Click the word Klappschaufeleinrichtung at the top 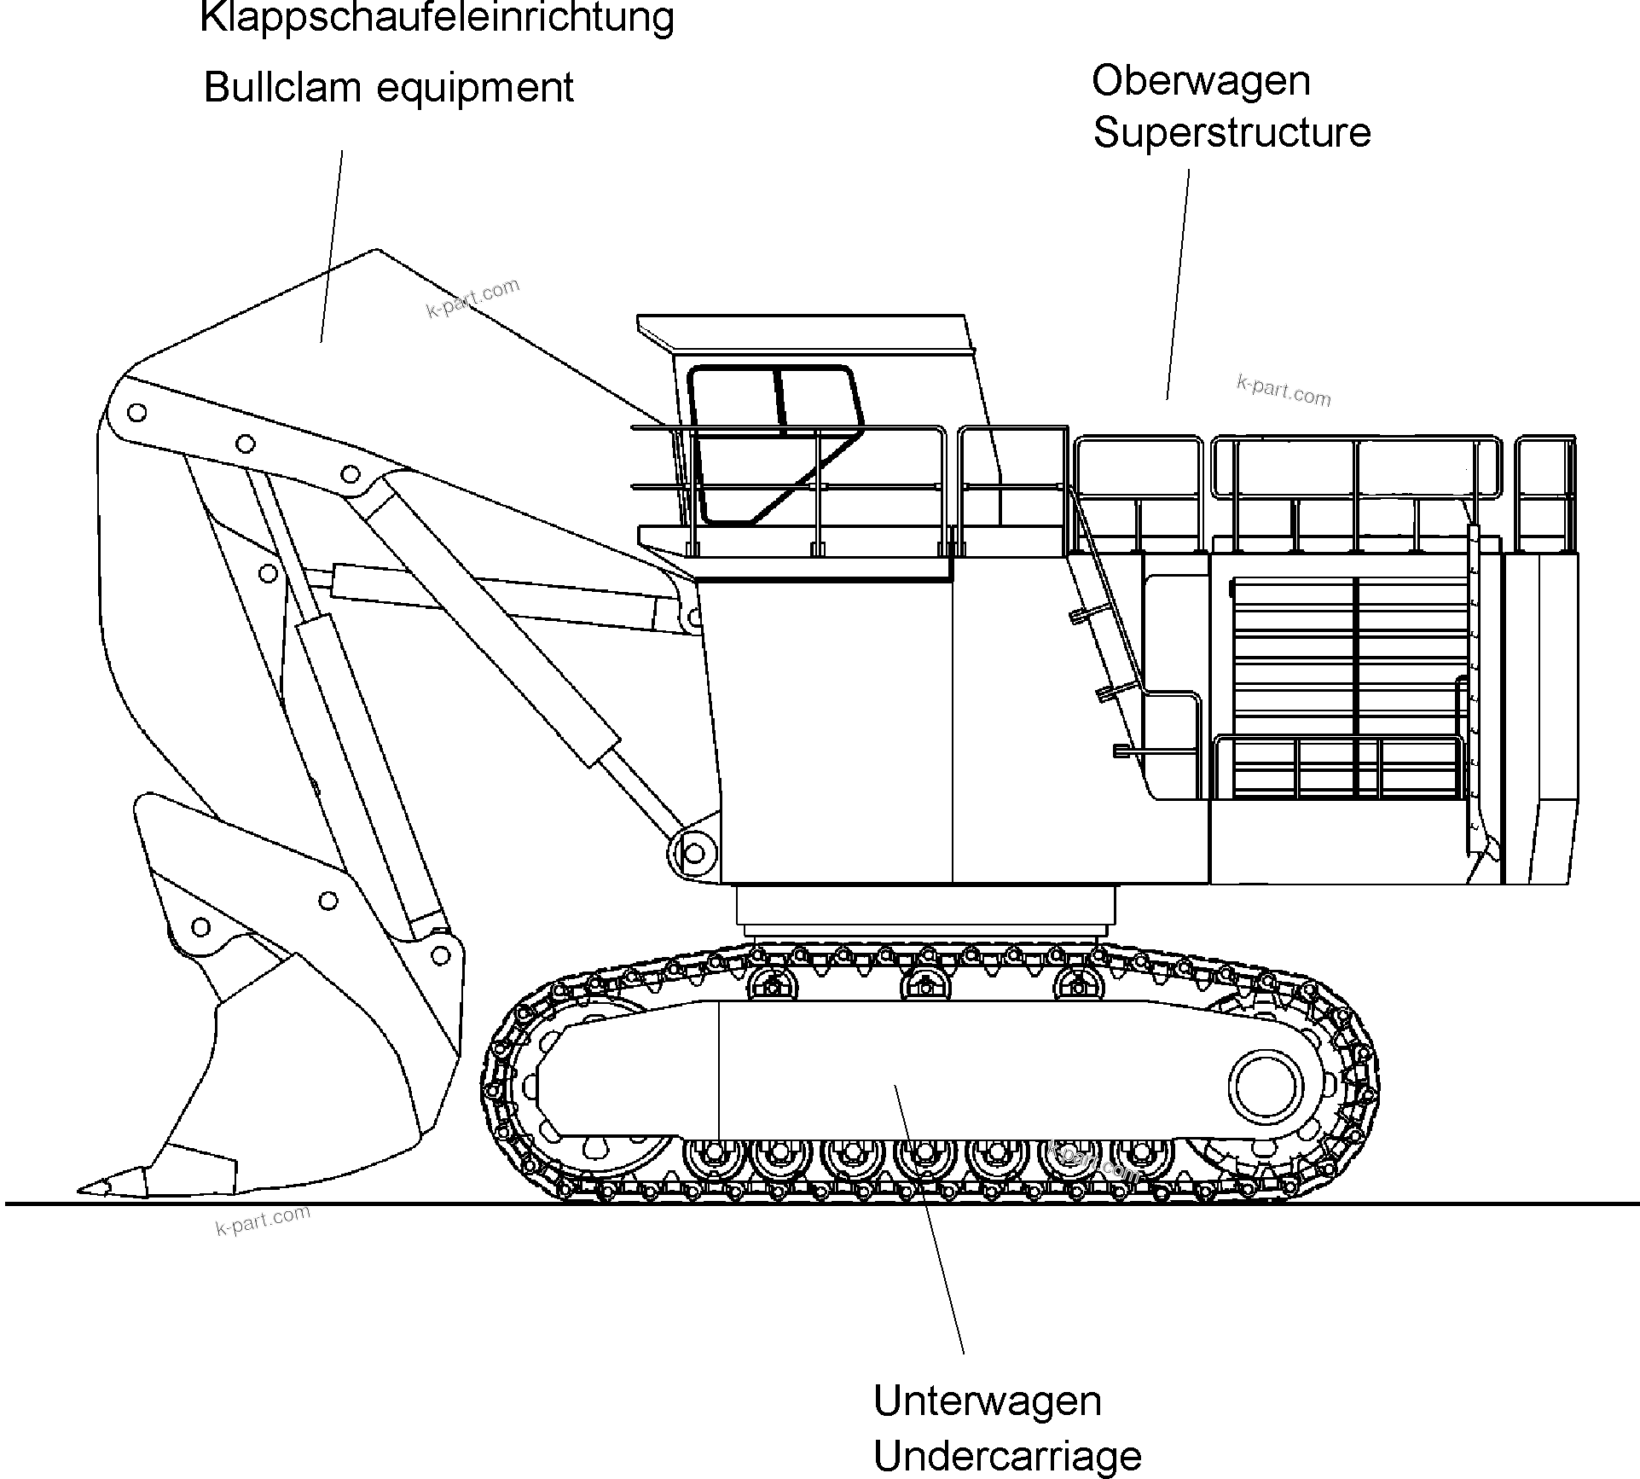pos(437,17)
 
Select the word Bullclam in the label pos(268,87)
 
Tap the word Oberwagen pos(1201,81)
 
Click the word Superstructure pos(1231,133)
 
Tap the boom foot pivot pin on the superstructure pos(694,852)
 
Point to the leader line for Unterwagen pos(930,1220)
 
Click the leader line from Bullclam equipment pos(332,247)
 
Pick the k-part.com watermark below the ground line pos(263,1221)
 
